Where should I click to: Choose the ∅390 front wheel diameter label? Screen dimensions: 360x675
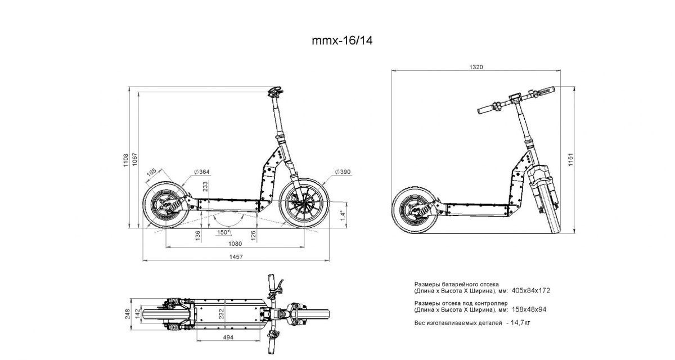click(x=342, y=172)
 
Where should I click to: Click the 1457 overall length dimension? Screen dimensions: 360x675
click(x=236, y=257)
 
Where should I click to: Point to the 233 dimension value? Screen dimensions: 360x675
click(x=206, y=187)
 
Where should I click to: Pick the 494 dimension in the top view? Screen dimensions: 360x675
click(x=228, y=337)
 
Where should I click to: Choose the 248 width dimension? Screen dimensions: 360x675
click(x=128, y=313)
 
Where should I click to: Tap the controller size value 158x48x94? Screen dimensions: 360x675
click(x=530, y=309)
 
